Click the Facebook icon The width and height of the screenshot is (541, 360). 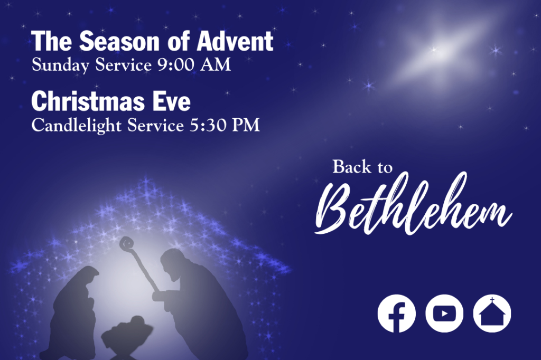[396, 314]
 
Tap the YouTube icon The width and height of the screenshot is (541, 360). [444, 314]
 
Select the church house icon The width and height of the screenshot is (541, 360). [492, 314]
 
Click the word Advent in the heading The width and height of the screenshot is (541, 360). [235, 41]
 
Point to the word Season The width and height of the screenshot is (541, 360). [120, 41]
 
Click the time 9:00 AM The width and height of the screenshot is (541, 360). [194, 65]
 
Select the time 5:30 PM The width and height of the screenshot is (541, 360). [225, 125]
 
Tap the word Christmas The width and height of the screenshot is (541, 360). [88, 101]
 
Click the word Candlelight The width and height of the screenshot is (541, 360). [76, 126]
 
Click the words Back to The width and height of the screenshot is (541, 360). [362, 167]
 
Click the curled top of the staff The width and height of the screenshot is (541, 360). [126, 243]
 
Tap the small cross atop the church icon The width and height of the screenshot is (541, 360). [492, 299]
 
